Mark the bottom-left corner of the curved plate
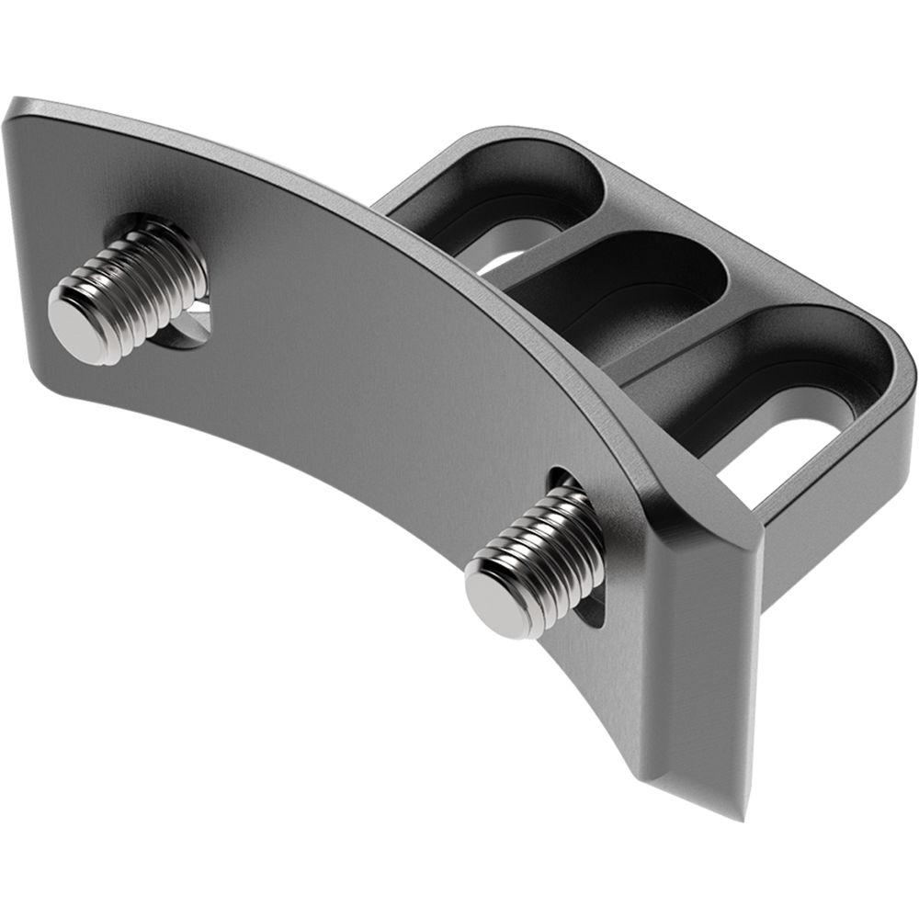point(41,368)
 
